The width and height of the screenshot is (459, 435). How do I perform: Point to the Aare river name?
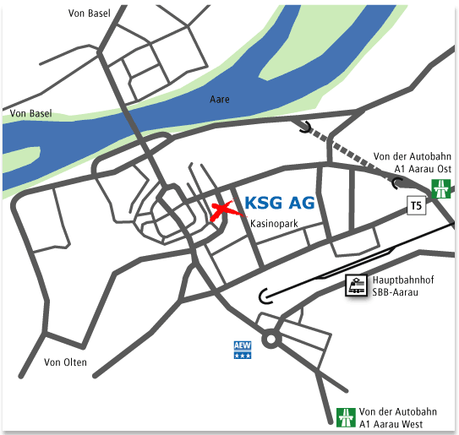(x=219, y=100)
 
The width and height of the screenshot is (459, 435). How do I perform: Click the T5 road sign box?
(x=414, y=205)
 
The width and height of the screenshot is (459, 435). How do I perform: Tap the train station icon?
(x=356, y=286)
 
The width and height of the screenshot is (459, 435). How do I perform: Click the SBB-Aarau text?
(x=396, y=293)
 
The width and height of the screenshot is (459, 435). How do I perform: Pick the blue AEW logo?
(x=243, y=349)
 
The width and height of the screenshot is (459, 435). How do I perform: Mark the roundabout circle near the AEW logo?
(x=271, y=339)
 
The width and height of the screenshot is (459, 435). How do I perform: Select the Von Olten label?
(x=64, y=363)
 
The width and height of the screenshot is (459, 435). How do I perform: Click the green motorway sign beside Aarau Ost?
(x=440, y=188)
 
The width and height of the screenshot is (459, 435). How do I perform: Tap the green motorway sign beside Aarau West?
(x=346, y=416)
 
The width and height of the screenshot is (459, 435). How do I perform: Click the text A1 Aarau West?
(x=391, y=423)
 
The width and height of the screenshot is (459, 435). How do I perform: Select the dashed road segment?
(x=352, y=155)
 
